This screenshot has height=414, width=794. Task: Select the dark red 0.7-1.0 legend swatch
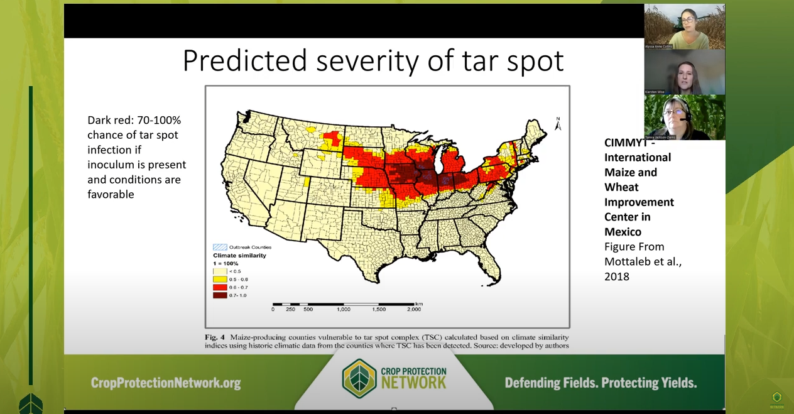click(219, 295)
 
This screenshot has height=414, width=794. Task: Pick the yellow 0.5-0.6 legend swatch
click(219, 279)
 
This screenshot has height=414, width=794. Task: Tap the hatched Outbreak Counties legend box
click(219, 247)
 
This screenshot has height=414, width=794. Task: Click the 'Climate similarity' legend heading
click(240, 256)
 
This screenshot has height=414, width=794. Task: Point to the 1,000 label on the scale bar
click(344, 309)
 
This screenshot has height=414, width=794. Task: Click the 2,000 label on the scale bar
click(413, 309)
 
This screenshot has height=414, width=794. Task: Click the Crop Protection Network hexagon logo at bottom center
click(359, 379)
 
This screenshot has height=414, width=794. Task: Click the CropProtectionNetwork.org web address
click(166, 383)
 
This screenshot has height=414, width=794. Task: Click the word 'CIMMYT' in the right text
click(626, 143)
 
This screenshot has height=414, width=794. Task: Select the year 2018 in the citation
click(616, 276)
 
